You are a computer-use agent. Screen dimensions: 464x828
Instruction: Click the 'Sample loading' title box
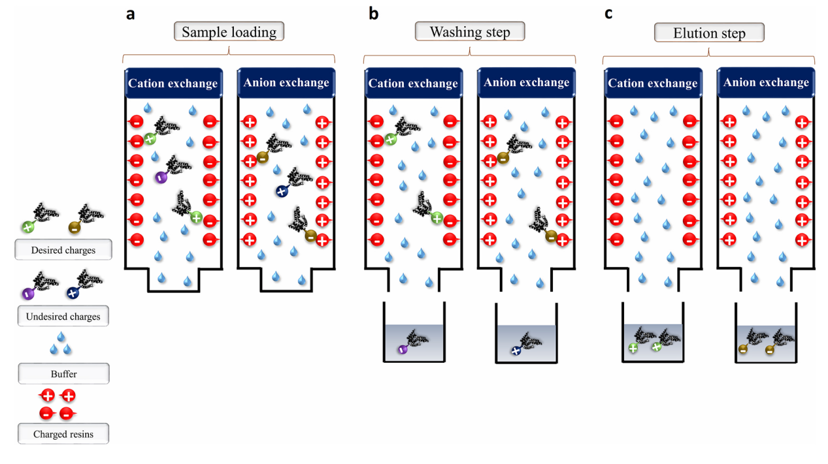tap(229, 32)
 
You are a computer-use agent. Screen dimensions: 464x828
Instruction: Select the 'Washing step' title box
tap(470, 32)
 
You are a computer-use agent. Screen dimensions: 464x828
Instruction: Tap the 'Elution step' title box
tap(709, 33)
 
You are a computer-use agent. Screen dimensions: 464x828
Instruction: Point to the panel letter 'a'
tap(131, 14)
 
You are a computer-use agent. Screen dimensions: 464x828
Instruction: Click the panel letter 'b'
tap(373, 14)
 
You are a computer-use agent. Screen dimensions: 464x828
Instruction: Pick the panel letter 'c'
tap(608, 14)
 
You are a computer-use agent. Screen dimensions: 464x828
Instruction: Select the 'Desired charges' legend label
tap(63, 250)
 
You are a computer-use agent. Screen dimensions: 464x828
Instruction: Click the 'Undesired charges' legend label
tap(63, 317)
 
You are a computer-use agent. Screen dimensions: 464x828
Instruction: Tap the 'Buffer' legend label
tap(63, 375)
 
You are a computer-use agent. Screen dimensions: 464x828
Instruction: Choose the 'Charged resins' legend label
tap(63, 434)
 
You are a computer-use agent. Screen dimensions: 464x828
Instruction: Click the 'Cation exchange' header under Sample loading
tap(173, 84)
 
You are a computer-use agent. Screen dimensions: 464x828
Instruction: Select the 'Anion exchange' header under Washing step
tap(527, 83)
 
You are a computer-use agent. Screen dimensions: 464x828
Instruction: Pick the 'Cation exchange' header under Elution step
tap(652, 84)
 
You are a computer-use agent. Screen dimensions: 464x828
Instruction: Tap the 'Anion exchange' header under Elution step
tap(766, 83)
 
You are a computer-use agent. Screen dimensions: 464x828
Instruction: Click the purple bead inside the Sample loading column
tap(160, 177)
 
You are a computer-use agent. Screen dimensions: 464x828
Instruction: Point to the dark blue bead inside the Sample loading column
tap(281, 191)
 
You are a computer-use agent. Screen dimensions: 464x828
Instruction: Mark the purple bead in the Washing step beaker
tap(403, 350)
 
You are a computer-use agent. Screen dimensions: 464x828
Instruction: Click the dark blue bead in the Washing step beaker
tap(516, 350)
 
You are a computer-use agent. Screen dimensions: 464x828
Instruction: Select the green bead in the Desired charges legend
tap(27, 227)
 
